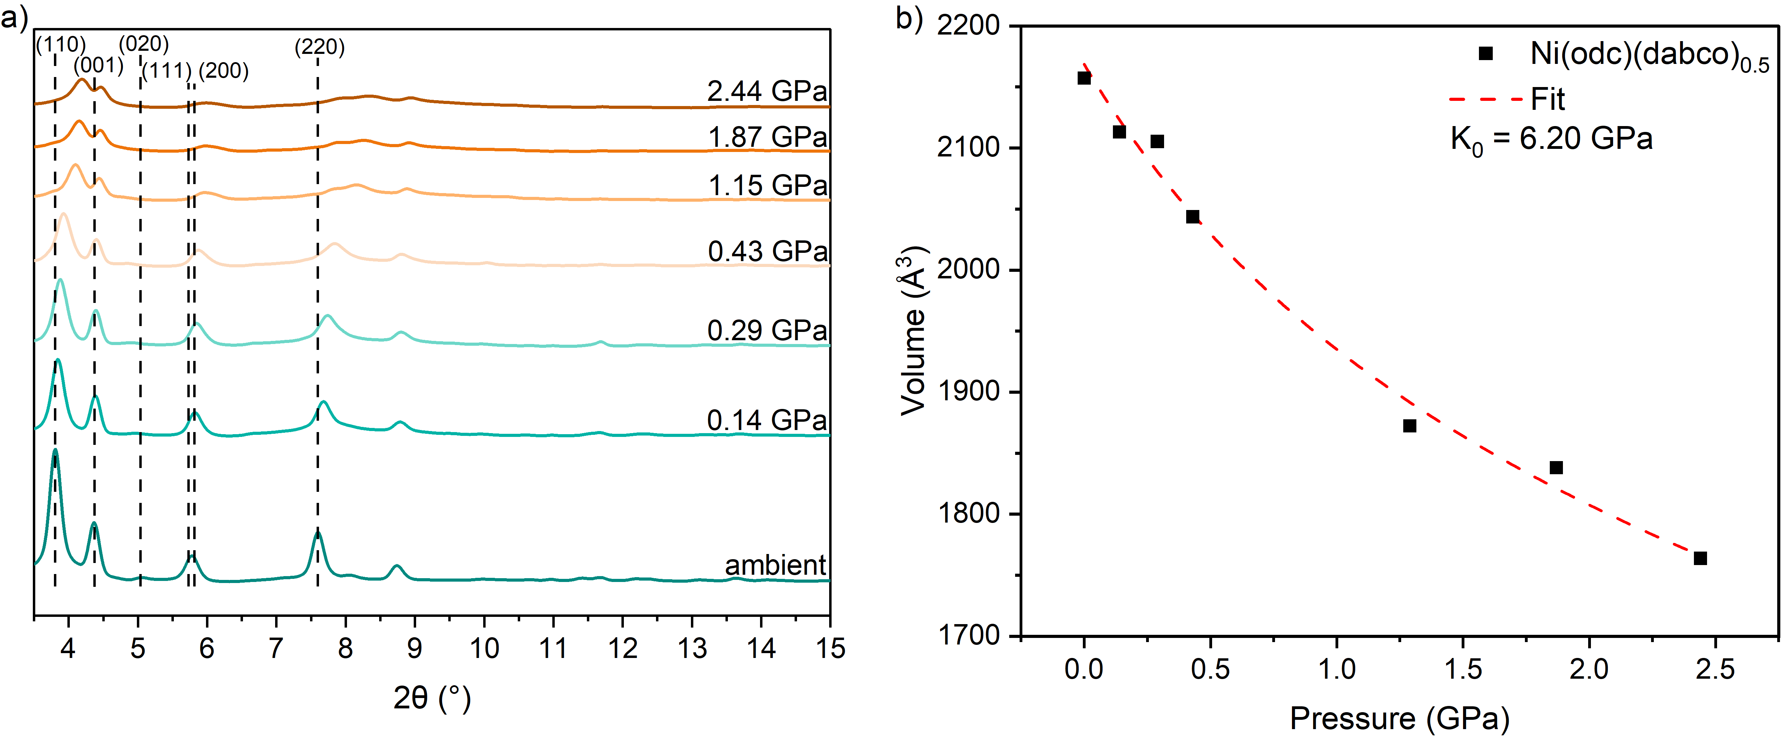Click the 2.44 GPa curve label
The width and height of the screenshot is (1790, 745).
(767, 91)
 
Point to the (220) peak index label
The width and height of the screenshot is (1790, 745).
(320, 47)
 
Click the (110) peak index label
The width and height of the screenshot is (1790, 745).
(61, 45)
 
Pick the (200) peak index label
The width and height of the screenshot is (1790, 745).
(224, 70)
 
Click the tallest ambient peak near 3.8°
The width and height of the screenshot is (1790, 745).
(55, 451)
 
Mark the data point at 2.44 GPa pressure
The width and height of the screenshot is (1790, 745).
(1700, 558)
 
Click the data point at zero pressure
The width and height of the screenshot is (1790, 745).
(1084, 78)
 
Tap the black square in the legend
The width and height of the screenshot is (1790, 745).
(1486, 54)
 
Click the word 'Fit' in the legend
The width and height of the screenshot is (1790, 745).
(1548, 99)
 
